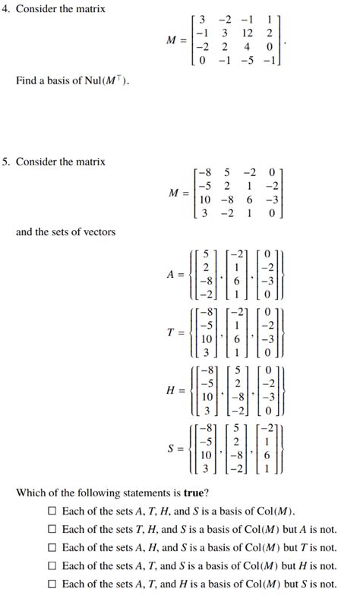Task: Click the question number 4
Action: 5,9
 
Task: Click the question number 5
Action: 5,162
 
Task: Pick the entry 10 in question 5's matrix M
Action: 205,200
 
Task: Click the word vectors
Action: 98,231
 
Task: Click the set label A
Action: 171,275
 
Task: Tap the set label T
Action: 171,333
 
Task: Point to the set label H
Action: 171,391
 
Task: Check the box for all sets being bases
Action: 52,511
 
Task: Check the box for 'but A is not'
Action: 52,529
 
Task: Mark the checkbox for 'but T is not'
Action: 52,547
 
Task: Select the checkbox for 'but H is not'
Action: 52,565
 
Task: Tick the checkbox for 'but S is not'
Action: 52,584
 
